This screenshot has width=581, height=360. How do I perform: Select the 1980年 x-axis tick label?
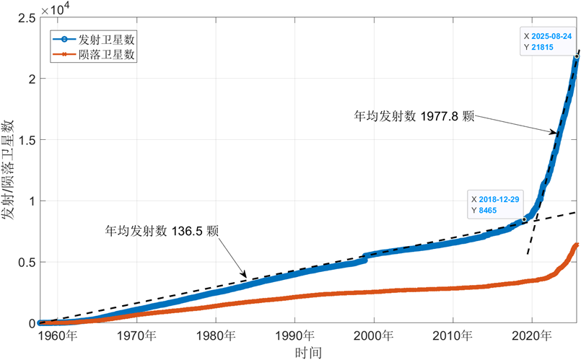pos(217,335)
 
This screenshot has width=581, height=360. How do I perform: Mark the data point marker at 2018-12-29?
pos(524,219)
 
